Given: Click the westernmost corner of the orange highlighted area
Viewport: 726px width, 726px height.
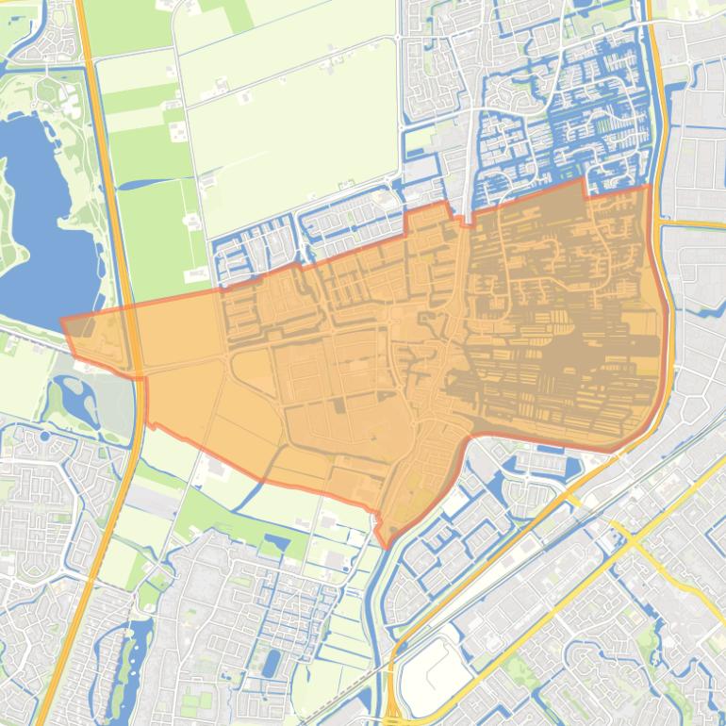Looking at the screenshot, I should (x=62, y=321).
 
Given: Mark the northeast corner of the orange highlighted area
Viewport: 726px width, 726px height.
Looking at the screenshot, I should (x=648, y=186).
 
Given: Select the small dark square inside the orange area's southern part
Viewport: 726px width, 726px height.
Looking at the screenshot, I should (x=337, y=406).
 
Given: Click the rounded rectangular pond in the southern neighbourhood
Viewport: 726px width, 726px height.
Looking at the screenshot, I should (x=272, y=663).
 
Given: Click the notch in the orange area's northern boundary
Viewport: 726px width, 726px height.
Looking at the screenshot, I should (x=590, y=189).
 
